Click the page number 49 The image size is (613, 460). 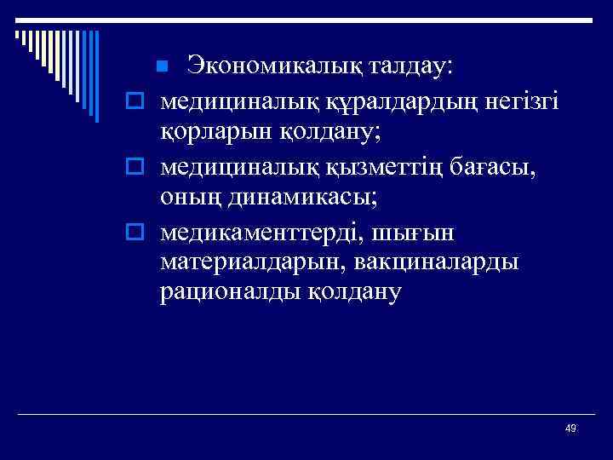pos(570,428)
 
